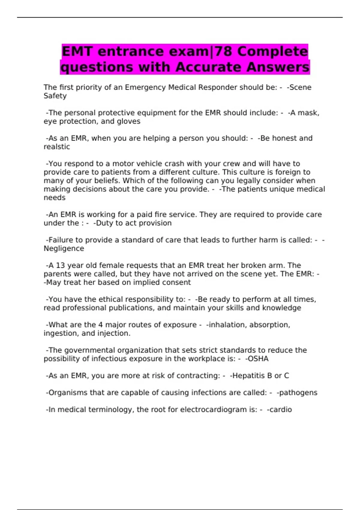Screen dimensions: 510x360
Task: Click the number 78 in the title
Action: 223,52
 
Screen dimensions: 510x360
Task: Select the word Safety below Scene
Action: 55,96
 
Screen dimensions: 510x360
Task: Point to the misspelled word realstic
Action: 57,147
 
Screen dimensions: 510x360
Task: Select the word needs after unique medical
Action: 55,198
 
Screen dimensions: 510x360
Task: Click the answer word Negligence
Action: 64,249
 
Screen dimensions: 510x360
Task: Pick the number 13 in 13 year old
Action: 60,265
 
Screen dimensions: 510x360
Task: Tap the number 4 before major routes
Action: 100,325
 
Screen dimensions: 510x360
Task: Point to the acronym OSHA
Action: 257,359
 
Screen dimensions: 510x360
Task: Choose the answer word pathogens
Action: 298,393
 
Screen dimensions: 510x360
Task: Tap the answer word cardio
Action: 280,410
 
